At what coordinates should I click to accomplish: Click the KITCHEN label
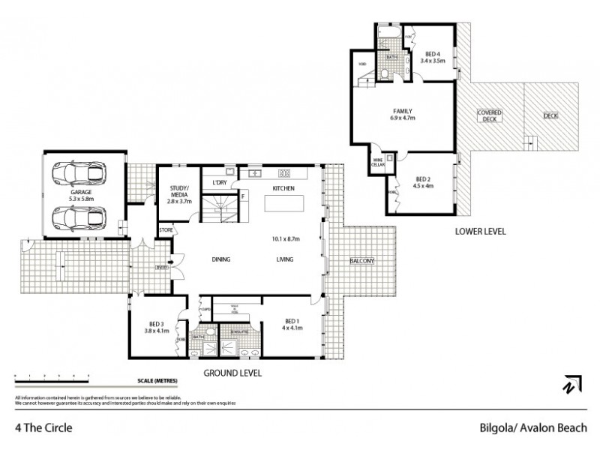283,187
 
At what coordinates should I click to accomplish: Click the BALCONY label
362,260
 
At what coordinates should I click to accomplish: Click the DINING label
220,259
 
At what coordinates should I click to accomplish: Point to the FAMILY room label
401,112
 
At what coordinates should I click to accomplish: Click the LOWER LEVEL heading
480,232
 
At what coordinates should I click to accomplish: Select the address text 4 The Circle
43,430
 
